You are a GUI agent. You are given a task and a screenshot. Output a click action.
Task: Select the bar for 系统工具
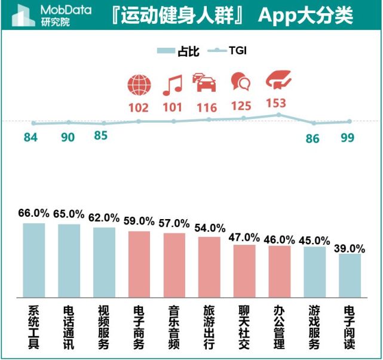click(34, 260)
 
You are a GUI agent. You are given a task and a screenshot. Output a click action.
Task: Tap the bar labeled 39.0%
click(350, 275)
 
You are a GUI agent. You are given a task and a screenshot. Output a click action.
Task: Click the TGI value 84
click(30, 137)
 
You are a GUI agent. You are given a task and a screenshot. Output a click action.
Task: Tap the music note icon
click(172, 85)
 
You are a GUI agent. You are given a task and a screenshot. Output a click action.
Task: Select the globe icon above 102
click(139, 85)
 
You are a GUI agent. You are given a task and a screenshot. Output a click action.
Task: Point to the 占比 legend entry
click(175, 51)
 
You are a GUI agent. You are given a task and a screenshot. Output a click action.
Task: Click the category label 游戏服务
click(314, 327)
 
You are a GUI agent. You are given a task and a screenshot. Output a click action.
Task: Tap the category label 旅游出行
click(209, 327)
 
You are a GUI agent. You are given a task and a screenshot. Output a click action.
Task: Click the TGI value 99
click(348, 138)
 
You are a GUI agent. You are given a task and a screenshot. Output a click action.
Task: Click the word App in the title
click(277, 16)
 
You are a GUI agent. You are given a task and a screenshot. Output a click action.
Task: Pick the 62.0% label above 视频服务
click(104, 218)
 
